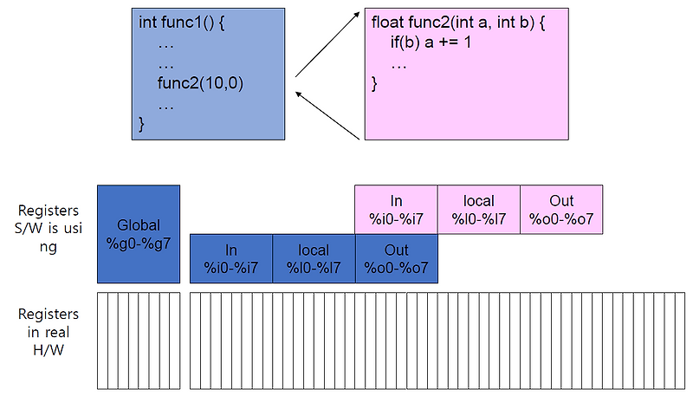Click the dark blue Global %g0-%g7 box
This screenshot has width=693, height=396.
click(139, 234)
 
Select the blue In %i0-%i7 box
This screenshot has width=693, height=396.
click(231, 258)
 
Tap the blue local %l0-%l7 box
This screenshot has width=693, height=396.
click(314, 258)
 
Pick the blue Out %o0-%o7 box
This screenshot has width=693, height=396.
click(396, 258)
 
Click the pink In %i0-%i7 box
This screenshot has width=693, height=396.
click(396, 209)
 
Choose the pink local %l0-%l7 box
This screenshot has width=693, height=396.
click(478, 209)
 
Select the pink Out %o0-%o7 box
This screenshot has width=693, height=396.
click(561, 209)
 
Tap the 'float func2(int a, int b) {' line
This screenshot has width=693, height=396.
click(458, 21)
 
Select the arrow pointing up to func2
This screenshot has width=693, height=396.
click(327, 43)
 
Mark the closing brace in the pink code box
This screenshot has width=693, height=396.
click(375, 85)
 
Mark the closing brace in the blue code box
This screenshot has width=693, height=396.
click(142, 126)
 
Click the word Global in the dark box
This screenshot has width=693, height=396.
click(139, 225)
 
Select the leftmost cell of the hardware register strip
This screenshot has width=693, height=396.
click(102, 341)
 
